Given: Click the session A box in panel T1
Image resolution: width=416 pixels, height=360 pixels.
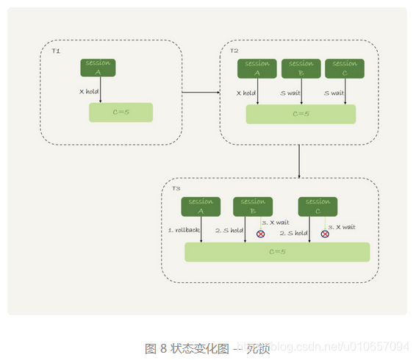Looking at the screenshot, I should pyautogui.click(x=98, y=67).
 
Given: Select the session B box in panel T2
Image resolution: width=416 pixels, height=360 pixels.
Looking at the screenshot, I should pyautogui.click(x=301, y=68).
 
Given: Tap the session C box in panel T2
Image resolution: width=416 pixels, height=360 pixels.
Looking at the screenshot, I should pyautogui.click(x=345, y=68).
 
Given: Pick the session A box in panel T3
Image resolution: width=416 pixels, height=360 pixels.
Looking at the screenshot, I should pyautogui.click(x=201, y=206).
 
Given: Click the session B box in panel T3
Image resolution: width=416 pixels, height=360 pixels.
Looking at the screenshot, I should pyautogui.click(x=253, y=206).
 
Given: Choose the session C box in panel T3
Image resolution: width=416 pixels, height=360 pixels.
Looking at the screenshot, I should pyautogui.click(x=318, y=206).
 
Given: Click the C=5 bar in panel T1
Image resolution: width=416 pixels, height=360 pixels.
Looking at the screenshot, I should pyautogui.click(x=121, y=112).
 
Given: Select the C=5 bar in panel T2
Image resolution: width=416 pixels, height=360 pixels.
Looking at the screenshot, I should pyautogui.click(x=301, y=114).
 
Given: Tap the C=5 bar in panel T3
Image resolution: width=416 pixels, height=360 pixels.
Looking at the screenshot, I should pyautogui.click(x=277, y=251).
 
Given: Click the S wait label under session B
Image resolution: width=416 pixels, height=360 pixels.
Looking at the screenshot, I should pyautogui.click(x=290, y=93).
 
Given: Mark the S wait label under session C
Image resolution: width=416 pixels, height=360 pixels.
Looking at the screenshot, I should pyautogui.click(x=334, y=93).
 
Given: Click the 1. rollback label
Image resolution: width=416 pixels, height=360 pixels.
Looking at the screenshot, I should pyautogui.click(x=184, y=230).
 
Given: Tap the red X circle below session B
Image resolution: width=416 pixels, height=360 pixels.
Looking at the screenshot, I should pyautogui.click(x=260, y=234).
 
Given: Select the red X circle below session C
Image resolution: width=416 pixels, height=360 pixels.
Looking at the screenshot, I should pyautogui.click(x=325, y=234).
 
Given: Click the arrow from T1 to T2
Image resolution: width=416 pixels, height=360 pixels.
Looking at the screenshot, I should pyautogui.click(x=201, y=93).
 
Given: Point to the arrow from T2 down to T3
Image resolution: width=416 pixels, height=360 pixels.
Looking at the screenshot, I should pyautogui.click(x=299, y=161).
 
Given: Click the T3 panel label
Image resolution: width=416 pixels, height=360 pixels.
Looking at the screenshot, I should pyautogui.click(x=176, y=189).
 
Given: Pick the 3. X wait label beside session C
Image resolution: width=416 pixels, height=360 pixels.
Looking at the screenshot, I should pyautogui.click(x=341, y=227).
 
